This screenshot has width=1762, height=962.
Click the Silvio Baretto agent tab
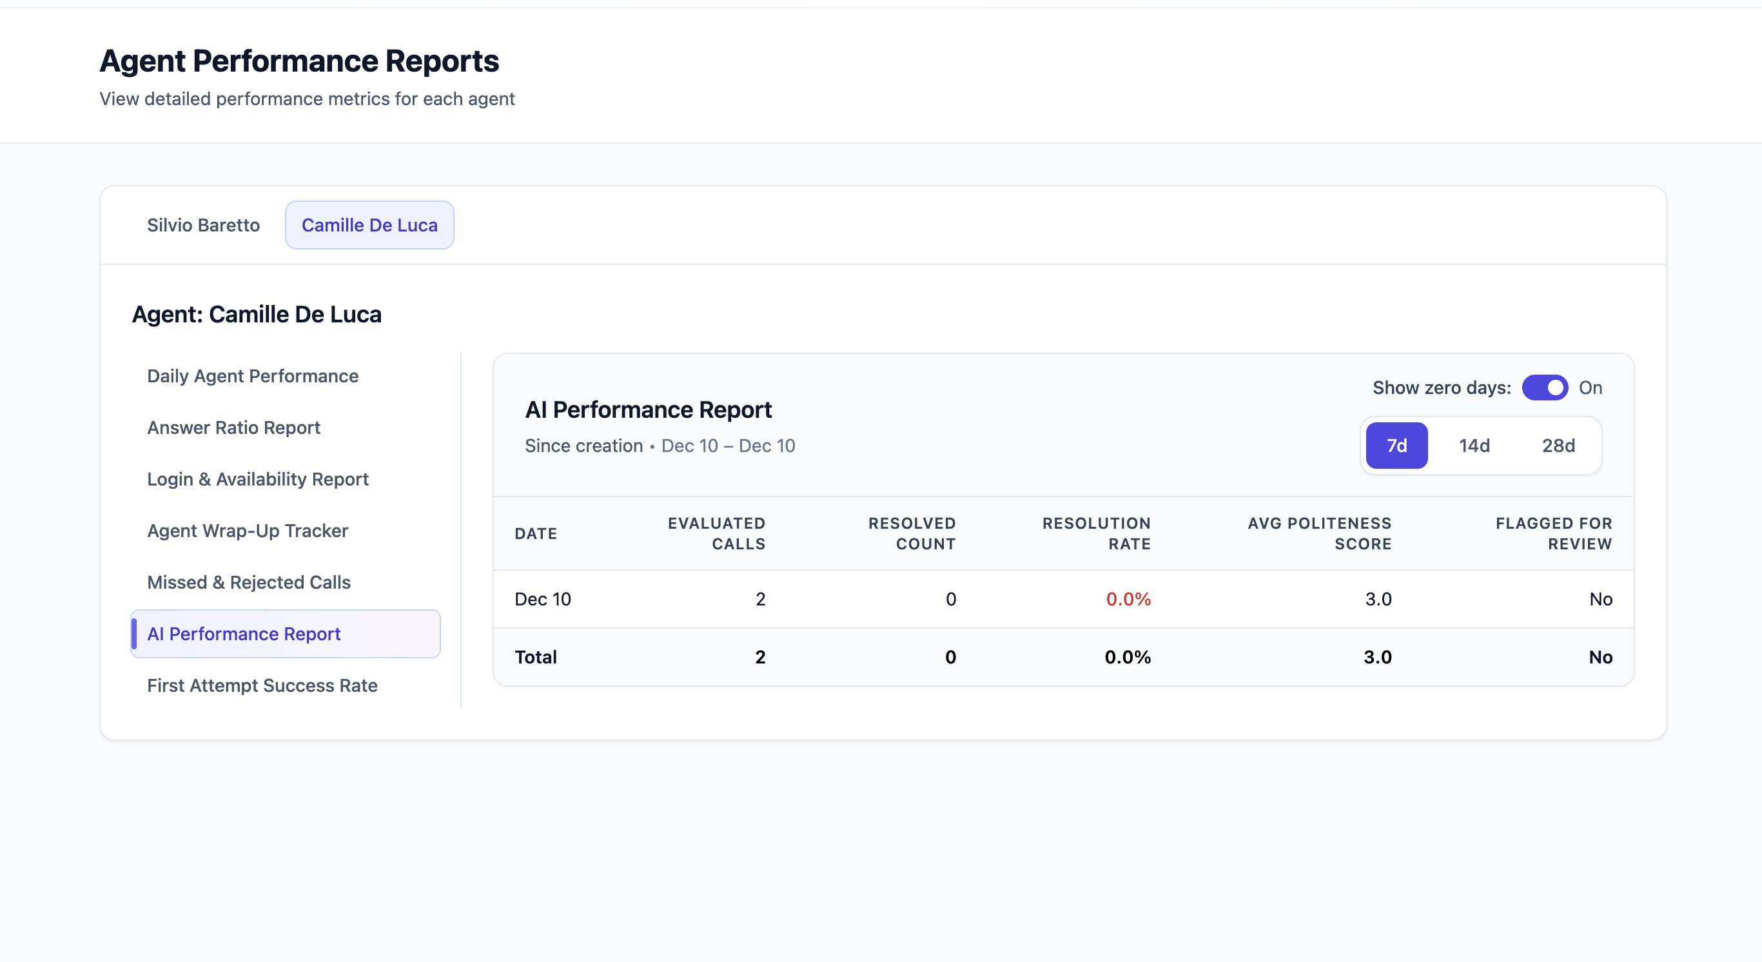(x=203, y=225)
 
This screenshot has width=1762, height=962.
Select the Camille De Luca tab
(x=369, y=225)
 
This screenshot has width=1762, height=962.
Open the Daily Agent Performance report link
(x=252, y=376)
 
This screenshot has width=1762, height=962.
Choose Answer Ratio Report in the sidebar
(x=233, y=427)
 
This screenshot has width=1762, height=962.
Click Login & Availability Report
(x=257, y=479)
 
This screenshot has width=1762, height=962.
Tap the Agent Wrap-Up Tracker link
(x=247, y=531)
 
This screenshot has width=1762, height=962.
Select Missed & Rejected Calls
(x=248, y=582)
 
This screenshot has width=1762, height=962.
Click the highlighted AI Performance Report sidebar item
(x=244, y=634)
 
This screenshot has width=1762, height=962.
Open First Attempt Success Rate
(x=262, y=685)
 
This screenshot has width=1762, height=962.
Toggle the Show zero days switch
(x=1545, y=388)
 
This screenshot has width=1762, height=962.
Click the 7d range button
(x=1396, y=446)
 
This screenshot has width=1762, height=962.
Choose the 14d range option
(x=1474, y=446)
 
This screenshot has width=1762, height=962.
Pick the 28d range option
(x=1558, y=446)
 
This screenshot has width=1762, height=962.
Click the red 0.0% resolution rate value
(x=1128, y=600)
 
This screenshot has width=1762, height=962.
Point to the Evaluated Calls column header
(x=716, y=533)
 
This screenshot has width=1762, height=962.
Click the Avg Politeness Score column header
(x=1320, y=533)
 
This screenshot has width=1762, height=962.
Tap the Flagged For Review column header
(x=1553, y=533)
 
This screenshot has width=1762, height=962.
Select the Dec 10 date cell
(x=542, y=600)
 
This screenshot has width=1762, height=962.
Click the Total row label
(x=536, y=657)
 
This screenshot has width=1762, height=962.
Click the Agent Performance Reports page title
(x=299, y=61)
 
